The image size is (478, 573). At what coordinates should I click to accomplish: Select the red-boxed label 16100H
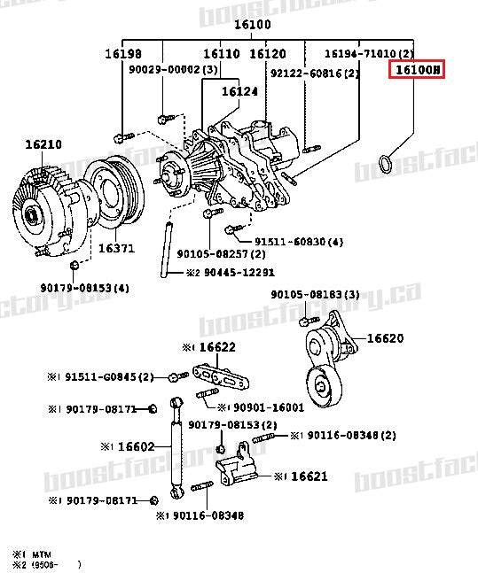tap(416, 69)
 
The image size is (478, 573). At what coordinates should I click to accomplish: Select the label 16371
tap(115, 249)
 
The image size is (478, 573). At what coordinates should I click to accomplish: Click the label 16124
tap(239, 90)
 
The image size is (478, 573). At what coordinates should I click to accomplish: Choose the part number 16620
tap(385, 337)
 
